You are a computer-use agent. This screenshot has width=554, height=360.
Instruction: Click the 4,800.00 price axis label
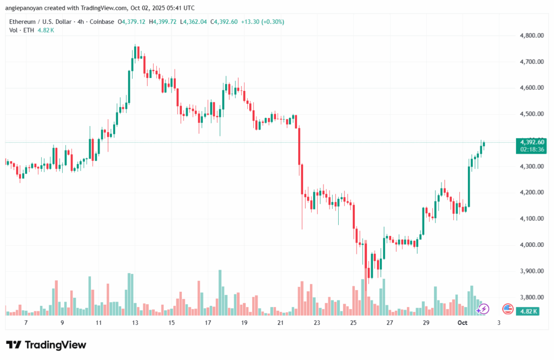pos(529,35)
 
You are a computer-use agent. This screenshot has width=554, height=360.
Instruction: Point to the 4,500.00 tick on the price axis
pos(529,114)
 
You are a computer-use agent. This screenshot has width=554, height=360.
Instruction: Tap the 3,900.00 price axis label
pos(529,271)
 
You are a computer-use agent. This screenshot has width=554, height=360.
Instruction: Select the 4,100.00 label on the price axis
pos(529,218)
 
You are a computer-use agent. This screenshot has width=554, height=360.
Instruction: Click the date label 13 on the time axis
pos(135,322)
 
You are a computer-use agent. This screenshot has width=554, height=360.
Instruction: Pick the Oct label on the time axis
pos(462,322)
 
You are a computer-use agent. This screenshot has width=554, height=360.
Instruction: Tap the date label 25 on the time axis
pos(353,322)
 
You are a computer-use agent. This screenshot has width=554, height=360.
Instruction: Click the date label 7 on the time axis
pos(25,322)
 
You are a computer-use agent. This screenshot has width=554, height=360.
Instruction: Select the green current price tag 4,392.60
pos(531,142)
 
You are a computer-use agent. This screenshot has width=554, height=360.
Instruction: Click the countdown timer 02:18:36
pos(531,149)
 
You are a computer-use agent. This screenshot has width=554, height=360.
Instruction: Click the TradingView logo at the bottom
pos(46,345)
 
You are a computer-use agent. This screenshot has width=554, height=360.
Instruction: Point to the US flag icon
pos(507,309)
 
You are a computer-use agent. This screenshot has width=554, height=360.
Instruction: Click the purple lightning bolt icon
pos(484,309)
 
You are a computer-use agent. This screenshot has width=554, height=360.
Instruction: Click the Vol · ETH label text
pos(21,30)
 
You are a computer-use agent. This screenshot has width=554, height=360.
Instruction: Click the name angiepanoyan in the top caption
pos(27,8)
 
